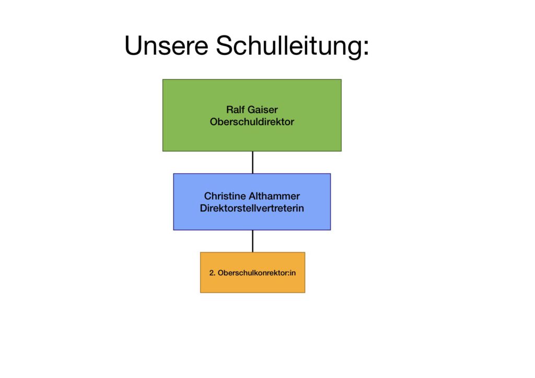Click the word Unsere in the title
coord(167,45)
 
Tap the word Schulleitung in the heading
coord(289,47)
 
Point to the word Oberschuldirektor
coord(252,122)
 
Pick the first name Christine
coord(225,196)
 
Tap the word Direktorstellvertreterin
coord(252,208)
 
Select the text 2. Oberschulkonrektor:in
coord(252,273)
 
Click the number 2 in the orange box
coord(212,273)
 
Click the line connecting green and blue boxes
coord(252,162)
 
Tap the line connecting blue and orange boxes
coord(252,241)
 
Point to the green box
coord(252,115)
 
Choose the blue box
coord(252,202)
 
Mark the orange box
coord(252,273)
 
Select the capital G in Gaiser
coord(251,110)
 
